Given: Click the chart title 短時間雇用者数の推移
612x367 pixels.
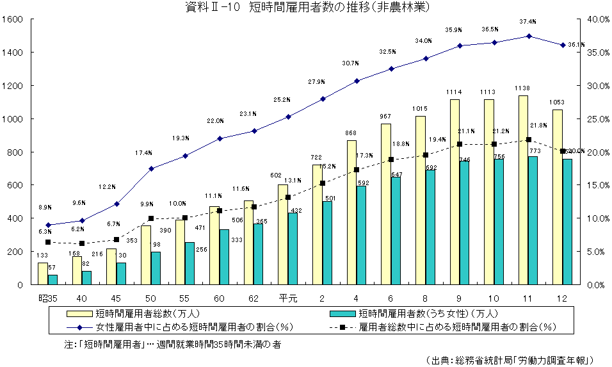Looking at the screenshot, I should [x=306, y=8].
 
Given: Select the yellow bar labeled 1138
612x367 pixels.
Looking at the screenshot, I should [x=523, y=190].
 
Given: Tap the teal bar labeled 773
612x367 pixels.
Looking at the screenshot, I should [x=533, y=220].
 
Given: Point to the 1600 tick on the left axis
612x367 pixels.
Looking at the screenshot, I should [x=13, y=19].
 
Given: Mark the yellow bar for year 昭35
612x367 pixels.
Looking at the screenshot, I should [x=43, y=273].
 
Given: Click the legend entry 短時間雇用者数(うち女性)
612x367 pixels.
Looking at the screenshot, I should [x=415, y=314].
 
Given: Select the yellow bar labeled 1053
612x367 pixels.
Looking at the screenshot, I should [x=558, y=197].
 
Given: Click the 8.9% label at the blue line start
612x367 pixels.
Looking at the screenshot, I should [x=45, y=208].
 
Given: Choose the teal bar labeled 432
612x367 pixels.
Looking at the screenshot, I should [x=292, y=249].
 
